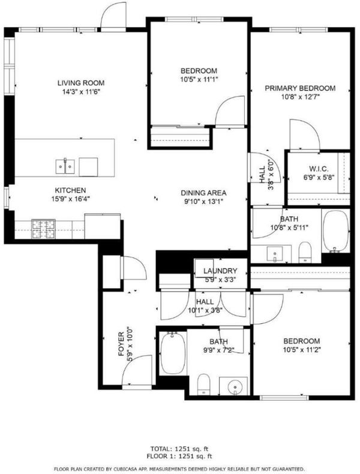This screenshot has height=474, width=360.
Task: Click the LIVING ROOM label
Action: [x=81, y=83]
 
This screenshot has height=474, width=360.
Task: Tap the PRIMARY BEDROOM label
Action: [x=300, y=88]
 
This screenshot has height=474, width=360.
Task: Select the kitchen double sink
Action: [x=65, y=167]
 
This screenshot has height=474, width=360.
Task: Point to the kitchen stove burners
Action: [x=44, y=229]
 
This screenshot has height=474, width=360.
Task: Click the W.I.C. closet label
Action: [x=319, y=169]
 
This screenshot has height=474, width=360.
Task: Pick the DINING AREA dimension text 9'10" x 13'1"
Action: [x=204, y=202]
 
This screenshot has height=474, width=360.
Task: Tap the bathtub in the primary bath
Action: [x=335, y=231]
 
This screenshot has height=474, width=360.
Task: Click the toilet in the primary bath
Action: [x=305, y=252]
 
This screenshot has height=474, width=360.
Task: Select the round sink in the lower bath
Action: [x=235, y=386]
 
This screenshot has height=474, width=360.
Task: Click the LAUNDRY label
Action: [x=220, y=271]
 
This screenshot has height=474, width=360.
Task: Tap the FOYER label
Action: [x=121, y=344]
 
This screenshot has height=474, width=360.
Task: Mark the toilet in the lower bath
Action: [x=204, y=384]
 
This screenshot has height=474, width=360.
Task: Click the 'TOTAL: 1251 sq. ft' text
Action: [x=179, y=449]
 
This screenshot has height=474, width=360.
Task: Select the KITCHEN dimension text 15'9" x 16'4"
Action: [x=71, y=199]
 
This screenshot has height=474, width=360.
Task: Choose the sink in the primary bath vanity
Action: [x=275, y=254]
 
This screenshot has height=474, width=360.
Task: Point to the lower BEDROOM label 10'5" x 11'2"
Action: [x=302, y=345]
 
